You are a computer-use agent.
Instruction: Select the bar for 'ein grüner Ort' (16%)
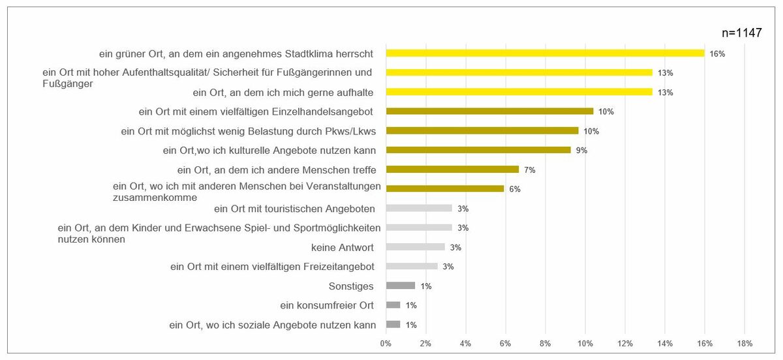(x=545, y=53)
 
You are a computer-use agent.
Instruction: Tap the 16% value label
(x=718, y=53)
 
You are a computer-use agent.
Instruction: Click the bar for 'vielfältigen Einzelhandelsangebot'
(x=489, y=111)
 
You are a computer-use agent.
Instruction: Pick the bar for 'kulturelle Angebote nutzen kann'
(x=478, y=150)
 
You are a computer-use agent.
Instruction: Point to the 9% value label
(x=581, y=150)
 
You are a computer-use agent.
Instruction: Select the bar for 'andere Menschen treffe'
(x=452, y=170)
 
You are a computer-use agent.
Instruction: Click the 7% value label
(x=529, y=170)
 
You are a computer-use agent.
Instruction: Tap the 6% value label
(x=514, y=189)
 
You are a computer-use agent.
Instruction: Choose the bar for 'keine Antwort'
(x=415, y=247)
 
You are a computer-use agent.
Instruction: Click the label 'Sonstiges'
(x=352, y=286)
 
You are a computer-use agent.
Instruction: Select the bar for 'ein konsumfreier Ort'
(x=393, y=305)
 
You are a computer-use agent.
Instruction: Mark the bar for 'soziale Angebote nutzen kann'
(x=393, y=324)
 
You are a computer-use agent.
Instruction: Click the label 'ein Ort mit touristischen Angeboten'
(x=294, y=209)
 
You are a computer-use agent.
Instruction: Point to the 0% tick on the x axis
(x=386, y=343)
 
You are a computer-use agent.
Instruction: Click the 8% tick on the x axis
(x=545, y=343)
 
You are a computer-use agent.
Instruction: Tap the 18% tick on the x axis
(x=745, y=343)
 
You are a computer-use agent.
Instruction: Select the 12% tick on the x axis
(x=625, y=343)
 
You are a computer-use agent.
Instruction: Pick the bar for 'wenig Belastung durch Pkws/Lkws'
(x=482, y=130)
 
